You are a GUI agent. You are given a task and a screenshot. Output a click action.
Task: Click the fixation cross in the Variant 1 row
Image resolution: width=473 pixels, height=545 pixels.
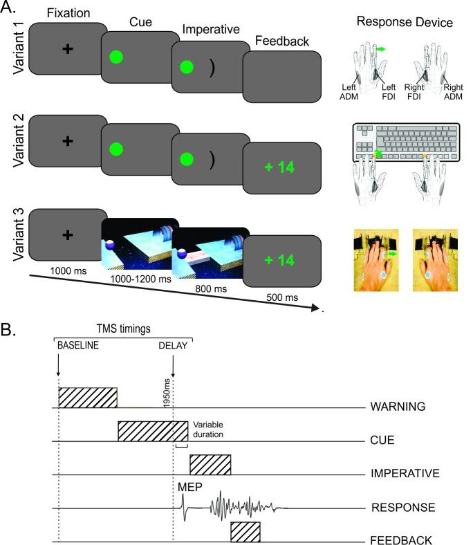pyautogui.click(x=67, y=50)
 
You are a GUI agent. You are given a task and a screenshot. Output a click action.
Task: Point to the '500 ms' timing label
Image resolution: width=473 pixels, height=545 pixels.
pyautogui.click(x=282, y=297)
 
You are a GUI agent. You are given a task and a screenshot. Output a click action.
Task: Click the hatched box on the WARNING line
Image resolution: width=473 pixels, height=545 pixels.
pyautogui.click(x=88, y=397)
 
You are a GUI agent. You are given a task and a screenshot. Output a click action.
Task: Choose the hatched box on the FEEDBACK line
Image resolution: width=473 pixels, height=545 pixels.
pyautogui.click(x=245, y=532)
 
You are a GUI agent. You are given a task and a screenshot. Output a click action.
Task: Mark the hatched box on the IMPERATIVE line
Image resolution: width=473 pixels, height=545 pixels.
pyautogui.click(x=210, y=464)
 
